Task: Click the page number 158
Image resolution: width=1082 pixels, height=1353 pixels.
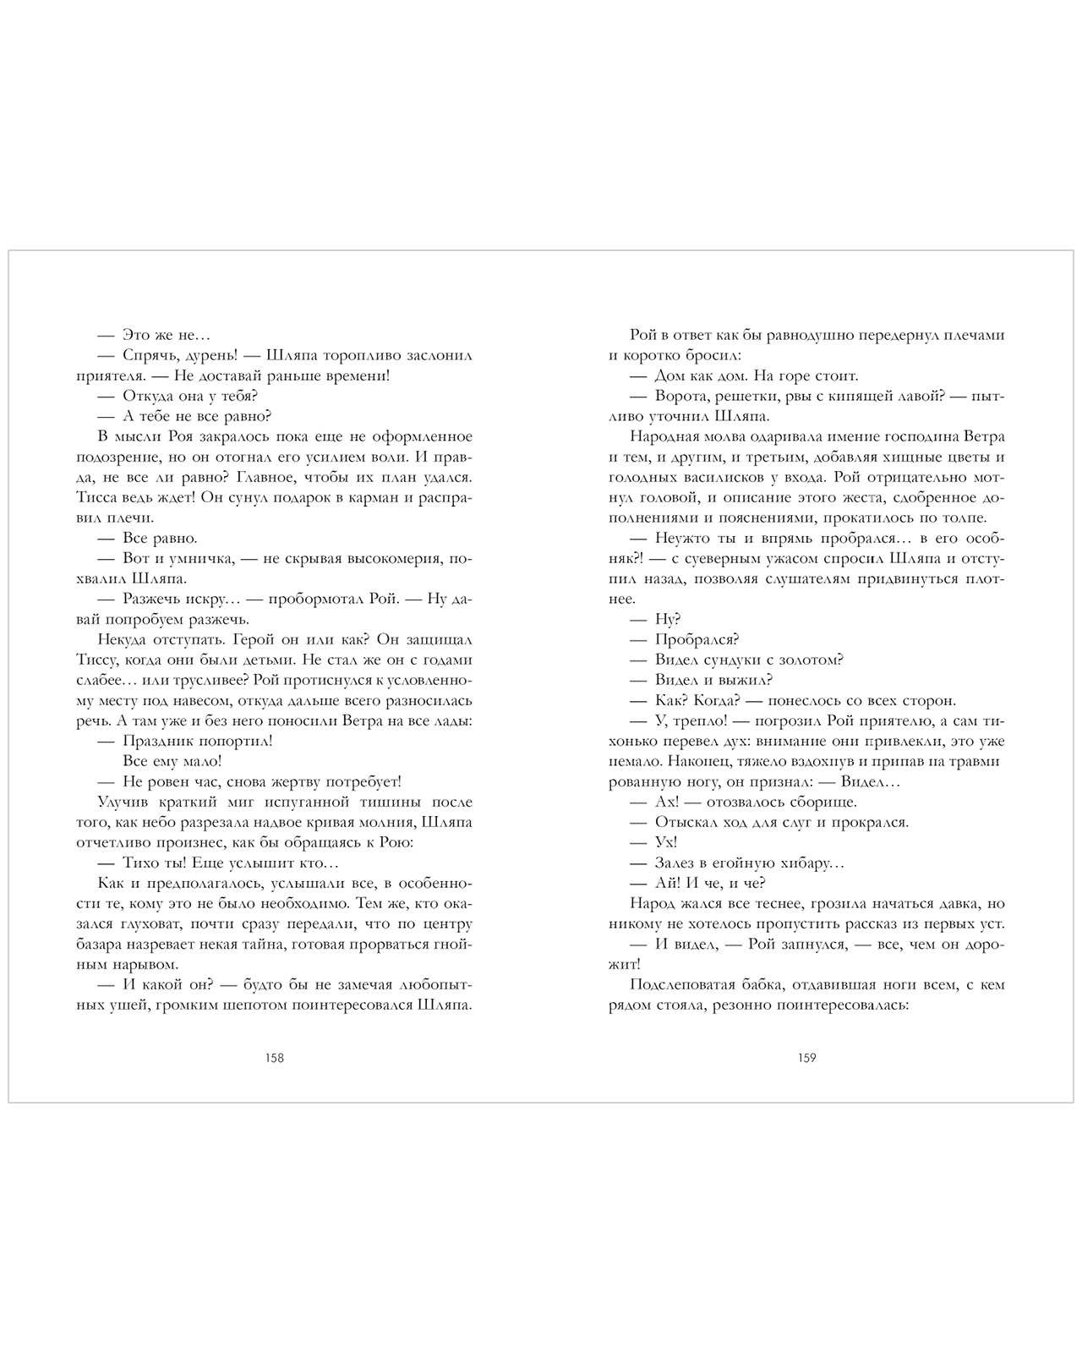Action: [274, 1058]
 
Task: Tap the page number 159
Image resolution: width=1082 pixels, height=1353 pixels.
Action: [806, 1058]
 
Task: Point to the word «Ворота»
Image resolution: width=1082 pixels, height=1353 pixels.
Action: [681, 396]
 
